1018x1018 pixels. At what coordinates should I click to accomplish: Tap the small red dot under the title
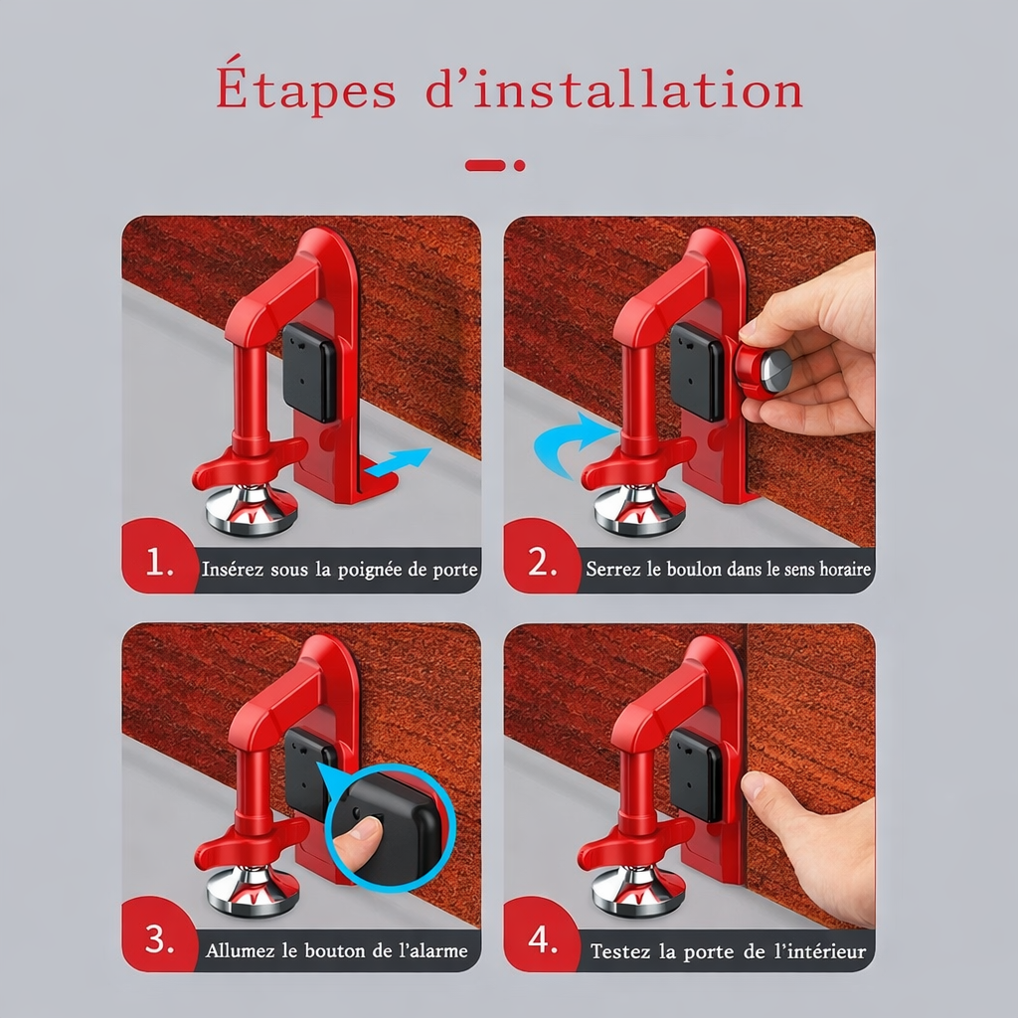click(x=519, y=166)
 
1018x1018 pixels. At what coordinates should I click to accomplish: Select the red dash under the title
click(x=485, y=166)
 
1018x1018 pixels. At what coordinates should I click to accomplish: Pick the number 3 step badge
click(x=160, y=935)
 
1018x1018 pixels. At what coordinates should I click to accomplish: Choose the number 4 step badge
click(x=542, y=935)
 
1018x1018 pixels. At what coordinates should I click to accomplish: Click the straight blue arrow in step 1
click(x=398, y=461)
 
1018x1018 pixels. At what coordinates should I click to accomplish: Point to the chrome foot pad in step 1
click(x=252, y=510)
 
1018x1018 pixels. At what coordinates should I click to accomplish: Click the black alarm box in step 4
click(x=696, y=773)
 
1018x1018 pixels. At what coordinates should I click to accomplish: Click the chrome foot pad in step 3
click(x=254, y=890)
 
